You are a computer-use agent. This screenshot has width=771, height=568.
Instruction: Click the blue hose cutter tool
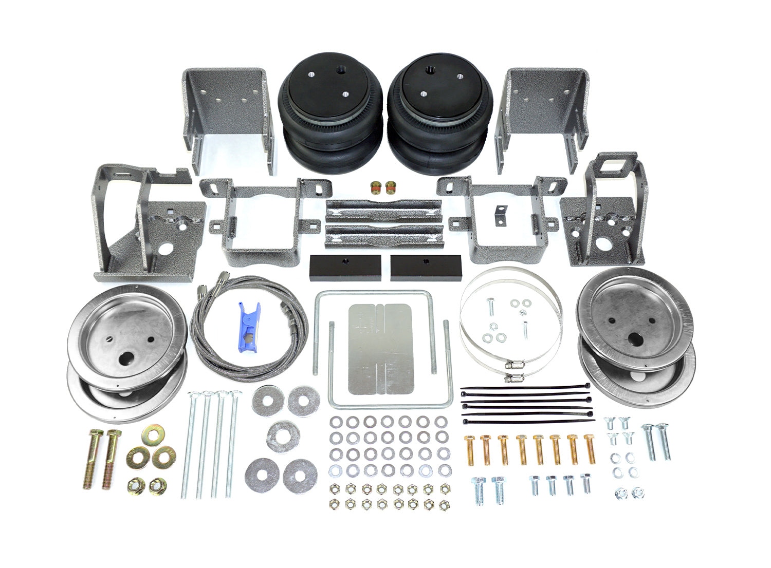coord(249,322)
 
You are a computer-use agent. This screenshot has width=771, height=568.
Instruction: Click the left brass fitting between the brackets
coord(376,187)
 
